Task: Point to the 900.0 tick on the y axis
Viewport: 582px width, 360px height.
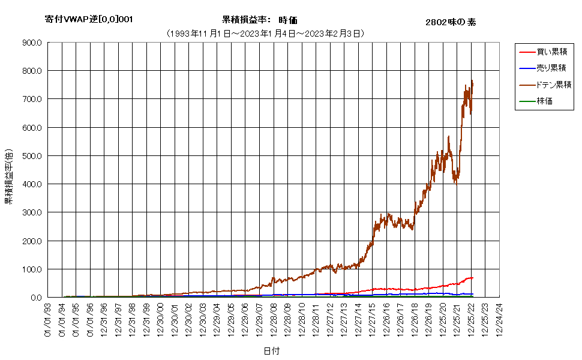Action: tap(32, 43)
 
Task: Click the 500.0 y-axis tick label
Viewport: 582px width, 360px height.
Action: tap(32, 156)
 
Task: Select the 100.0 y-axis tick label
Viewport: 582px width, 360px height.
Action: tap(32, 269)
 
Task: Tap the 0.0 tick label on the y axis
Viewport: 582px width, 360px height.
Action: tap(36, 297)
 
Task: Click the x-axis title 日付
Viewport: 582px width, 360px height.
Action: tap(272, 351)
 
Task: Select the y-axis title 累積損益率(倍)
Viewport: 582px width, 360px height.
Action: tap(8, 176)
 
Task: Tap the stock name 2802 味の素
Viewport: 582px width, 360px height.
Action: tap(451, 22)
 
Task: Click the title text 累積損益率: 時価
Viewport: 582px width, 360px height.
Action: tap(259, 20)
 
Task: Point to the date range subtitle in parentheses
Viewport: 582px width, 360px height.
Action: tap(266, 34)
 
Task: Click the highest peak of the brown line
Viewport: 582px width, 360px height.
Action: tap(472, 80)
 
